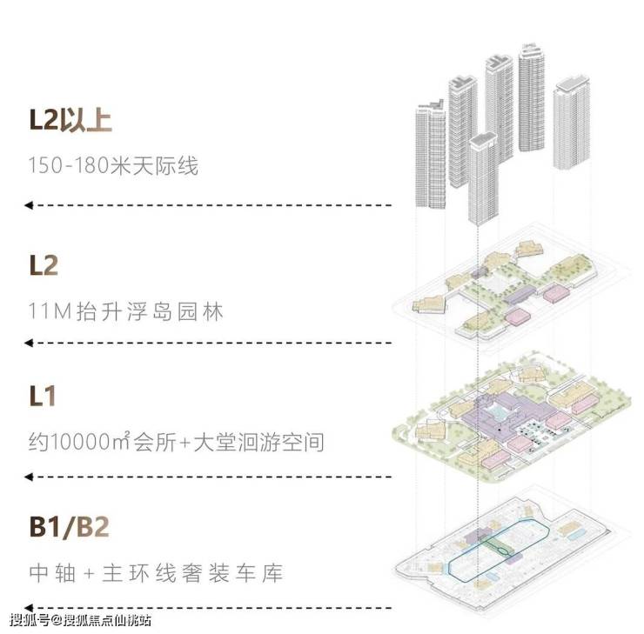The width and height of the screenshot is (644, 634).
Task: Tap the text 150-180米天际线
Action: tap(113, 165)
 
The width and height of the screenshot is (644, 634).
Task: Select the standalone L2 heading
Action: tap(43, 265)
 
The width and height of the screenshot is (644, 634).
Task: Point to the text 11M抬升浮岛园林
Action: tap(125, 310)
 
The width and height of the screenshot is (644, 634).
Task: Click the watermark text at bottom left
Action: tap(79, 620)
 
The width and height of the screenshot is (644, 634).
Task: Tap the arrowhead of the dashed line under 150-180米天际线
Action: tap(29, 205)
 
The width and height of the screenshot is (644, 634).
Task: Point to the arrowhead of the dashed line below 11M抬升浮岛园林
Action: tap(29, 343)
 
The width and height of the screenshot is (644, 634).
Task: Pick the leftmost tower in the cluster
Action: tap(431, 157)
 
